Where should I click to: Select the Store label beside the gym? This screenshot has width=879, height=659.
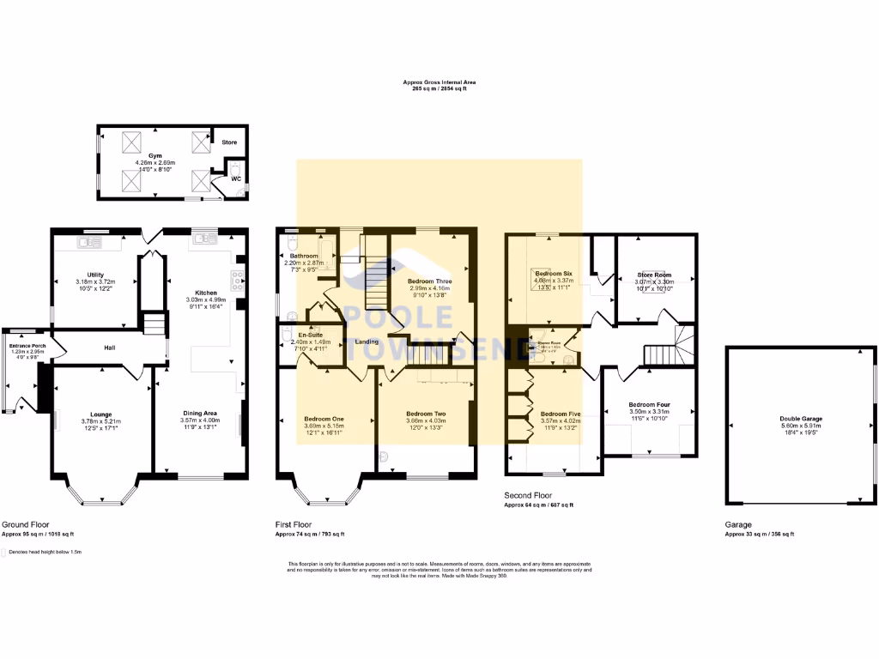229,142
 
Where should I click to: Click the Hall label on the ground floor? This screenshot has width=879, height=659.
110,348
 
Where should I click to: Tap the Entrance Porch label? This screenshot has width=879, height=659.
27,345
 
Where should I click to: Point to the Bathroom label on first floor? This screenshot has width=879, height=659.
304,256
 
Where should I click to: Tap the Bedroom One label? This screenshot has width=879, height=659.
324,414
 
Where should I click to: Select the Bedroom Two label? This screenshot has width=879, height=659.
427,414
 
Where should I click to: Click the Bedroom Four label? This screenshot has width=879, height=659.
648,405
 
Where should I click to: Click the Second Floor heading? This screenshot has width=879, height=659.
527,496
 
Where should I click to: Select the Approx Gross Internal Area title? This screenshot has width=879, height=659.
439,82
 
